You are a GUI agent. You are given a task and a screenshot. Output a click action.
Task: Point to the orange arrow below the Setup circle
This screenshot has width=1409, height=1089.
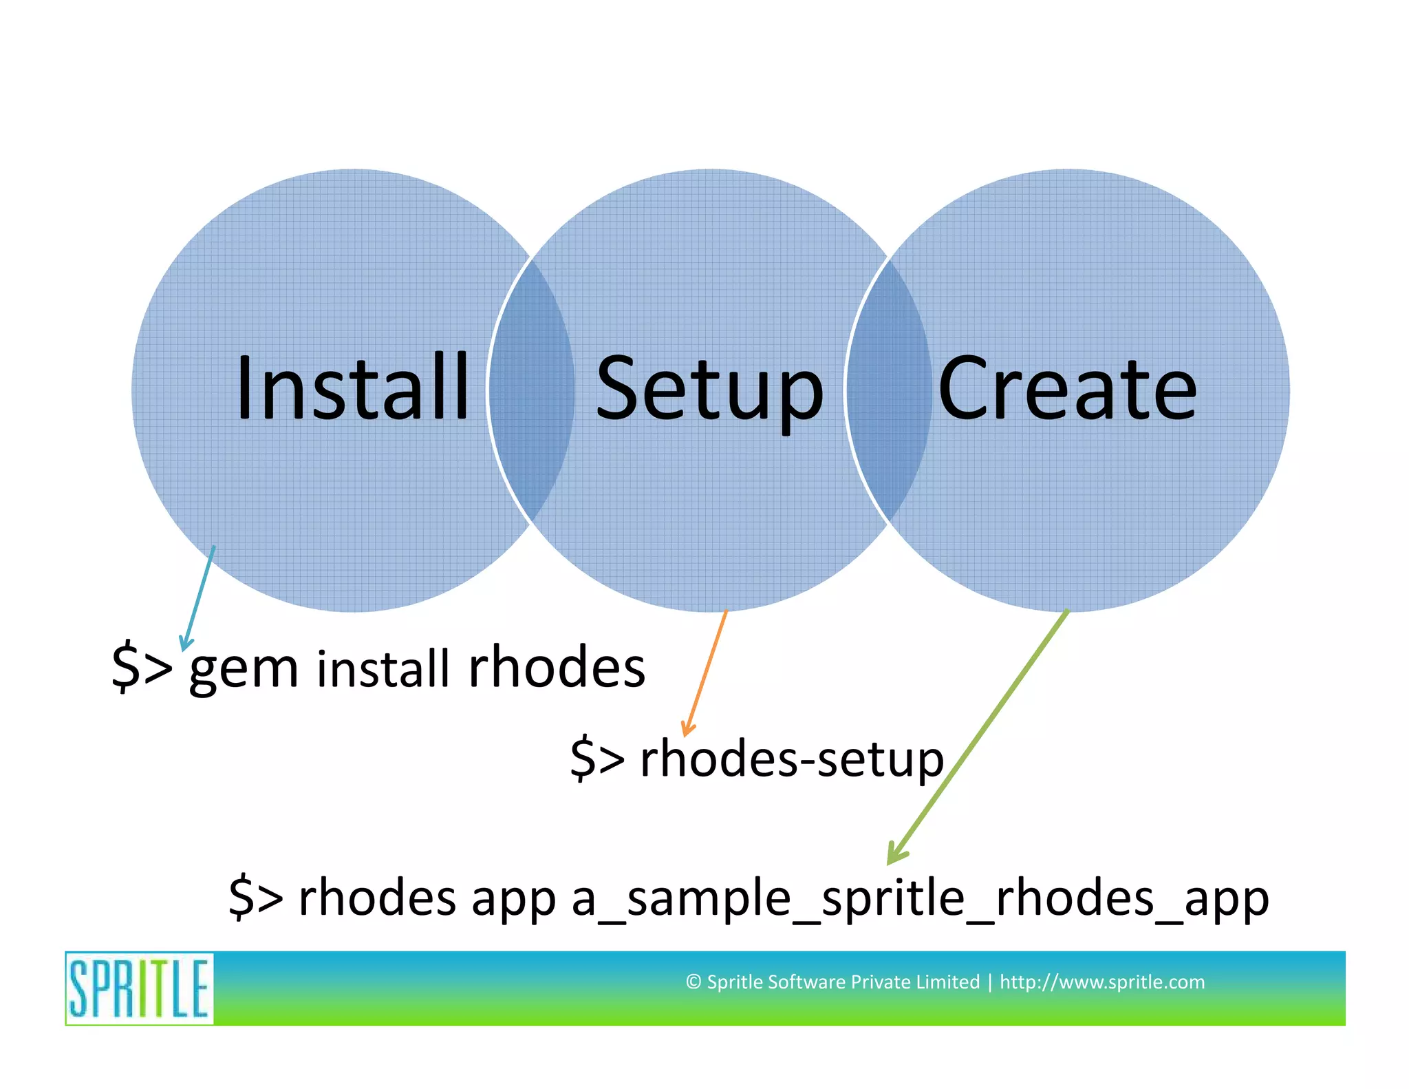point(705,672)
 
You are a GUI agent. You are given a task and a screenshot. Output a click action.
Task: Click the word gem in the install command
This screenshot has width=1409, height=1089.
point(244,669)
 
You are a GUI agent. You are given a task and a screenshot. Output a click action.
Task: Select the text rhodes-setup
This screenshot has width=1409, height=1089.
point(791,759)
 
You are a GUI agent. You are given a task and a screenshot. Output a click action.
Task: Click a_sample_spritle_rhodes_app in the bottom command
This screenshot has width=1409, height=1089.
point(920,898)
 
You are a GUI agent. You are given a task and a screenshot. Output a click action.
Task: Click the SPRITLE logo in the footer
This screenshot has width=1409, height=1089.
point(140,988)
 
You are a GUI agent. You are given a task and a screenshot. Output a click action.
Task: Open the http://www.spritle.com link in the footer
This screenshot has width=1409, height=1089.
point(1101,982)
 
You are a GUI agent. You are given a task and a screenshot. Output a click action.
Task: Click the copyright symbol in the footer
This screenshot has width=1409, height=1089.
point(693,982)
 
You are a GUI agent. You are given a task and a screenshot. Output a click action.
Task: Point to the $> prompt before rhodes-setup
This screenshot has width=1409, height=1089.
point(597,759)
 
